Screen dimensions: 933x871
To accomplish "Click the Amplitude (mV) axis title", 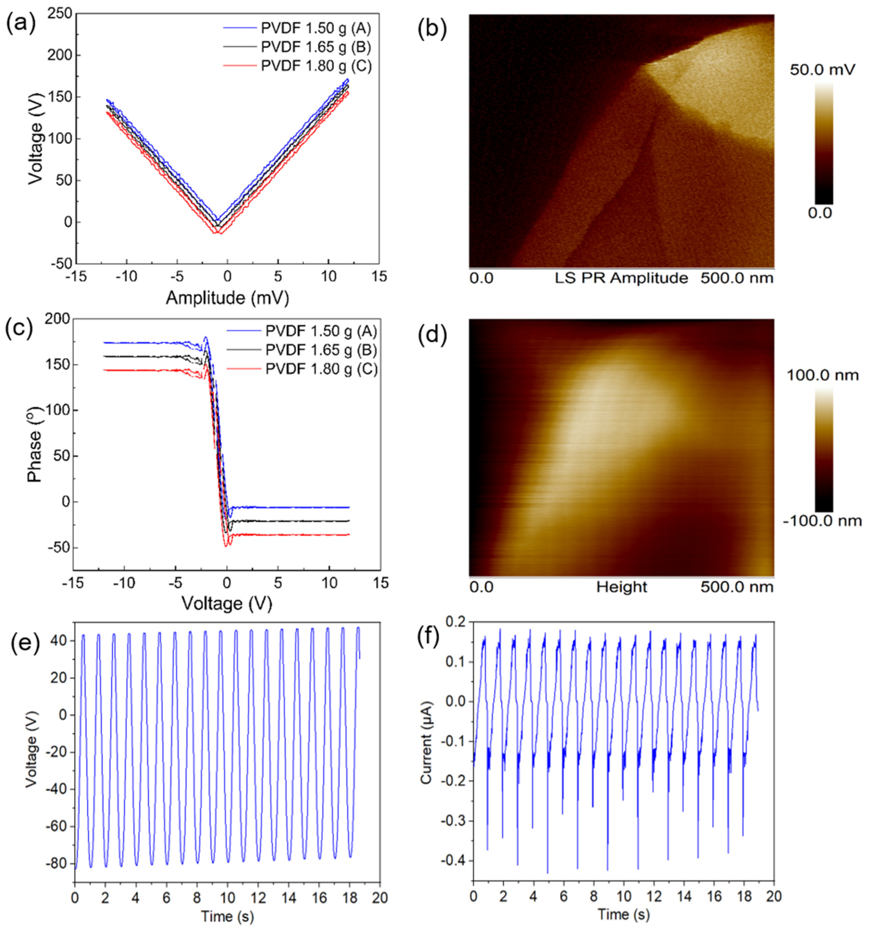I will [x=227, y=297].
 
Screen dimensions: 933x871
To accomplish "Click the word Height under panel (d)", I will [x=621, y=587].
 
